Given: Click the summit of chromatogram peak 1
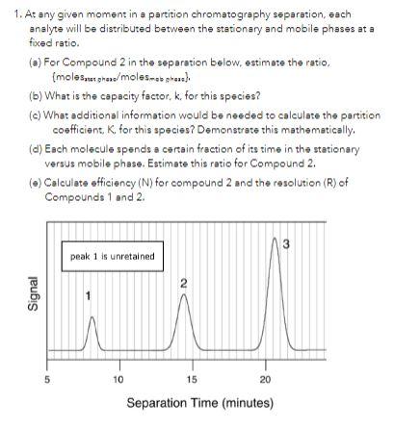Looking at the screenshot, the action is point(92,316).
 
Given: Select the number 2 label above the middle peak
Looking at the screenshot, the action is point(183,284).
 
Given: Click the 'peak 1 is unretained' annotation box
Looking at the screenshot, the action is point(112,256).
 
